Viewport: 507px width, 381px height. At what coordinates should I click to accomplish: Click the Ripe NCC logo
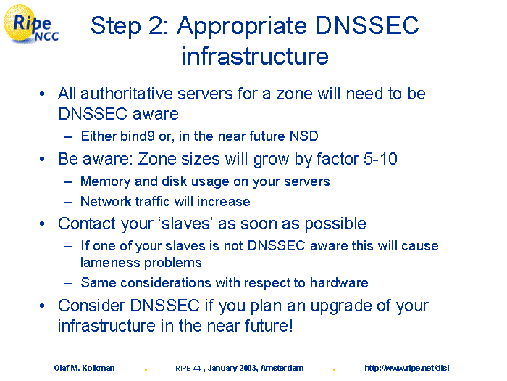(30, 25)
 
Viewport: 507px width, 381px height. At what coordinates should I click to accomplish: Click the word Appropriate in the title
(241, 27)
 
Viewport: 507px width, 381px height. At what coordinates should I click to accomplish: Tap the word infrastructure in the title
(255, 56)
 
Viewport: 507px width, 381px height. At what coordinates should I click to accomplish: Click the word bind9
(138, 136)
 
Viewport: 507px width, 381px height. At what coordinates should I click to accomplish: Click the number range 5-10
(380, 159)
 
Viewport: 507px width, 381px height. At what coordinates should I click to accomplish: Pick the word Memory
(106, 181)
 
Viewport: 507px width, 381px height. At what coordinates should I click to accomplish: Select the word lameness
(110, 263)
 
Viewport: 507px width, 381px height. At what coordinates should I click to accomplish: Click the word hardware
(339, 283)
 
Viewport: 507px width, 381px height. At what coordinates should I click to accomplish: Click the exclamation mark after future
(291, 326)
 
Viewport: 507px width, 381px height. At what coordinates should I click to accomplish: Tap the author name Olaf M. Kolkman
(84, 368)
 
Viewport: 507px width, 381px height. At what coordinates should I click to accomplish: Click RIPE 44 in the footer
(188, 369)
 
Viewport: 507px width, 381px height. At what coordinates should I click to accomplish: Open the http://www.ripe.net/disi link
(407, 368)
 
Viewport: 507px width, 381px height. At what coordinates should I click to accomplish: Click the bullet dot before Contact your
(42, 224)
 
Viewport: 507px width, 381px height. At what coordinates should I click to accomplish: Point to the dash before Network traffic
(68, 202)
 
